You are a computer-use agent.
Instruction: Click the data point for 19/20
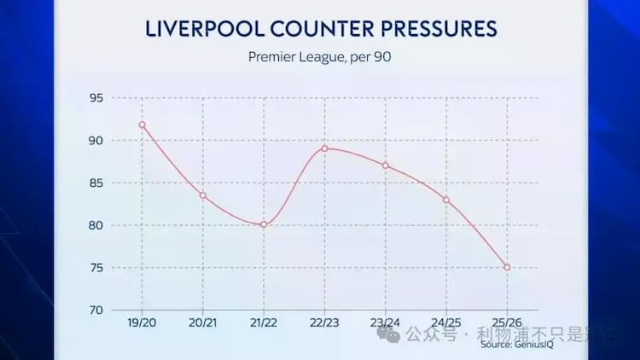point(142,125)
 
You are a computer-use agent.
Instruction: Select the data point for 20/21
point(203,195)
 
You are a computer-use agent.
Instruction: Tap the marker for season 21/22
point(264,224)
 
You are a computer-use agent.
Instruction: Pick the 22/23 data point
point(325,148)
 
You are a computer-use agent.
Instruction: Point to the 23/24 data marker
point(386,165)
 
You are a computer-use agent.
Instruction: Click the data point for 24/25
point(446,200)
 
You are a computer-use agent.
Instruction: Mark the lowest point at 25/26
point(507,267)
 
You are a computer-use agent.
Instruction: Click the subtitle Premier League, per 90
point(320,58)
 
